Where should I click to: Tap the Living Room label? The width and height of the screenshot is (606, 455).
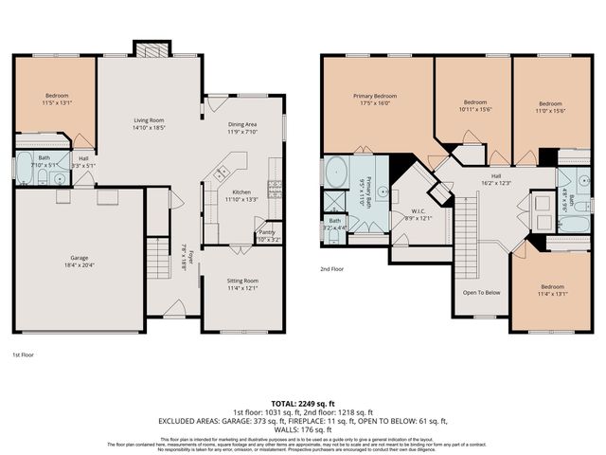[x=148, y=120]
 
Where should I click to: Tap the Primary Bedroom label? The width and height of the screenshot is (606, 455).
[x=375, y=96]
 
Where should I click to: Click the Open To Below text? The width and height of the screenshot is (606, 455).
[x=481, y=292]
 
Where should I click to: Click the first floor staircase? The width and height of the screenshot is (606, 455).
[x=157, y=258]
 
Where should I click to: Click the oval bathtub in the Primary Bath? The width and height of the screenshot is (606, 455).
[x=336, y=173]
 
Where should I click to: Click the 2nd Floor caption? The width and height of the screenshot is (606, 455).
[x=331, y=268]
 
